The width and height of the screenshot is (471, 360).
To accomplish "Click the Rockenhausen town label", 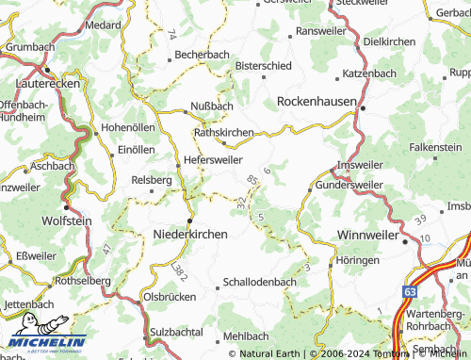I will [316, 100].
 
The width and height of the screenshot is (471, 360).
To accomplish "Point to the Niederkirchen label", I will [196, 233].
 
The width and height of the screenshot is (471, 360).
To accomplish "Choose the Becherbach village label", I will [202, 56].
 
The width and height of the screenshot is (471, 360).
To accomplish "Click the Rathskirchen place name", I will [223, 133].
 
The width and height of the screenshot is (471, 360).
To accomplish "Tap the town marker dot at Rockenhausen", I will [362, 110].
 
